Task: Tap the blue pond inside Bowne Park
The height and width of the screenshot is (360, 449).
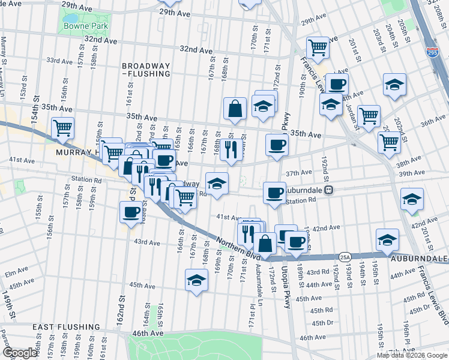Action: [71, 18]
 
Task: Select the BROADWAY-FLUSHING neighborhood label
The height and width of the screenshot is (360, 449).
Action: [145, 70]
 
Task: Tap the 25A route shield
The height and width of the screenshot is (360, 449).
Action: [344, 257]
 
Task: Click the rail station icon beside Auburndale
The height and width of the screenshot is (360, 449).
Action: [328, 190]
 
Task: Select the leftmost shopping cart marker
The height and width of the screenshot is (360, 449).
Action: [62, 128]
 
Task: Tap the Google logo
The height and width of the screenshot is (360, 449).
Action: [20, 353]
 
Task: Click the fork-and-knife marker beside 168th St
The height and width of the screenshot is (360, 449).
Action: [229, 149]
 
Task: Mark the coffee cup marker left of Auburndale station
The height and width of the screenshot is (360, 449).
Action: [274, 193]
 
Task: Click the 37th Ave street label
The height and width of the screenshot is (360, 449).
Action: [298, 172]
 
